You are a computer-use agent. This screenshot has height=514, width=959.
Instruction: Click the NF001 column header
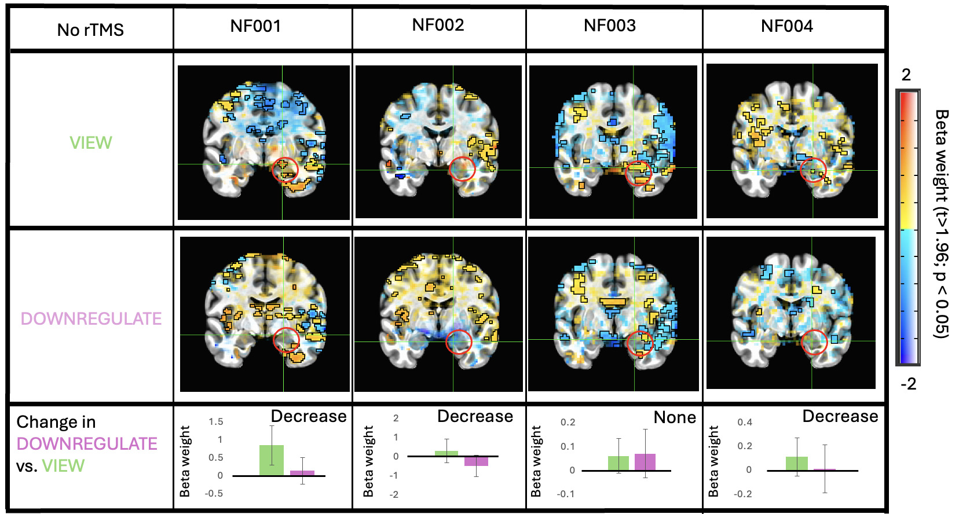[255, 26]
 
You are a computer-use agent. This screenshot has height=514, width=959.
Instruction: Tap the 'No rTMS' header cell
[90, 30]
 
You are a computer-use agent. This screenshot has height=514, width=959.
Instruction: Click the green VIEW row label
[91, 142]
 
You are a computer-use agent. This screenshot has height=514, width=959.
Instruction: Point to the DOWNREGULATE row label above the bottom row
[91, 319]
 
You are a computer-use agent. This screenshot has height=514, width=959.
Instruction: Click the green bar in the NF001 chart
[272, 460]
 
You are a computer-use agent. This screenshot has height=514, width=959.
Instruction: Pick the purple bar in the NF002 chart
[476, 461]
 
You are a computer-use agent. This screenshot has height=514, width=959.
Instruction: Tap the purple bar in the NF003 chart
[645, 462]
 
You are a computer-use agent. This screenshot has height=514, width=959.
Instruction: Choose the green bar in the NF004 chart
[797, 464]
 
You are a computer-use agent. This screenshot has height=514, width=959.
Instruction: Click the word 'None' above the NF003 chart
[675, 417]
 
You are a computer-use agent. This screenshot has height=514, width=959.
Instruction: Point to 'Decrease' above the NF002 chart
[475, 416]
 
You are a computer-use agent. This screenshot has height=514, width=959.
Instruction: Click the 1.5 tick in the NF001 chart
[216, 421]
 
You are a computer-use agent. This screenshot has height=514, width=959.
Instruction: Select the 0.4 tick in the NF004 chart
[745, 423]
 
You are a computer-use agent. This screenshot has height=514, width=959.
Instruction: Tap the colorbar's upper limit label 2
[906, 75]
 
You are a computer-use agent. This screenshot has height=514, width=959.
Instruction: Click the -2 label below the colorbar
[909, 384]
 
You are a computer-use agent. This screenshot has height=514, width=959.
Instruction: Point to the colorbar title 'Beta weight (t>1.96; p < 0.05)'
[941, 224]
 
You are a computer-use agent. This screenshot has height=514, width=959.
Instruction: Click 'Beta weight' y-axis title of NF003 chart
[536, 461]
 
